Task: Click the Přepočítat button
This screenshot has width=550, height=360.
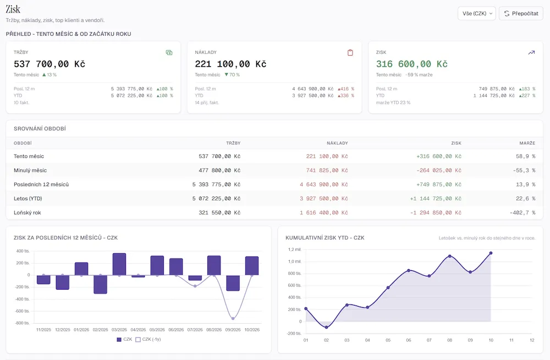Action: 521,13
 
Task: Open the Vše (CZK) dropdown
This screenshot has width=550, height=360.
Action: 477,13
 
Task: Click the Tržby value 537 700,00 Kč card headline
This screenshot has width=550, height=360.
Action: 50,64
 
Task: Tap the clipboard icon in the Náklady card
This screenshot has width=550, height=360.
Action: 350,53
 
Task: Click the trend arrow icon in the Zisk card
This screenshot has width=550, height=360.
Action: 531,53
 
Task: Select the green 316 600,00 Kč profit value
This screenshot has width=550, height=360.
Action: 412,64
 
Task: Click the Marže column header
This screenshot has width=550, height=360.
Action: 527,143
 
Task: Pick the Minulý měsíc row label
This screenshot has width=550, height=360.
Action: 30,170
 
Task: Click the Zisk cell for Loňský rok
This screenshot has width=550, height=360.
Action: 436,212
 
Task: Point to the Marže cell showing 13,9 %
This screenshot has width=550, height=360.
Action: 525,184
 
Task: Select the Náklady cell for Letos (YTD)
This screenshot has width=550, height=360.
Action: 324,198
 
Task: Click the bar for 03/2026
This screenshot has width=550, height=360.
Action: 119,264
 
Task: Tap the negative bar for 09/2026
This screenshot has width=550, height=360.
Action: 233,283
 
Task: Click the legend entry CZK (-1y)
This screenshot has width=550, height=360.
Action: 148,339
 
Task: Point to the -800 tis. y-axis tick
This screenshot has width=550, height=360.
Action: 23,323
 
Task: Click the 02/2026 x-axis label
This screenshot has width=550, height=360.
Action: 100,330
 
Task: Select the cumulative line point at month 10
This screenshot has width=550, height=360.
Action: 491,253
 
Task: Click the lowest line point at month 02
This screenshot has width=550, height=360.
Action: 327,328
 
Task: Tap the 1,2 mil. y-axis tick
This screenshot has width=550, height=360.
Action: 295,249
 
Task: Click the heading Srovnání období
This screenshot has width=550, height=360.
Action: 40,129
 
